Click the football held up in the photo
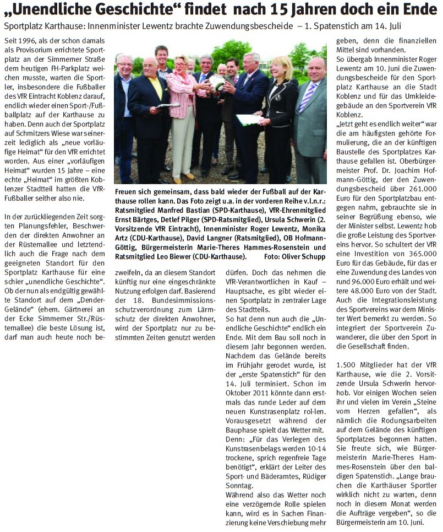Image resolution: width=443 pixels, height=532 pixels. click(x=217, y=83)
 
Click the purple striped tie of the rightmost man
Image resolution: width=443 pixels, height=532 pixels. click(x=307, y=96)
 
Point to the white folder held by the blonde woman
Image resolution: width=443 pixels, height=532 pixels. click(x=248, y=119)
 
